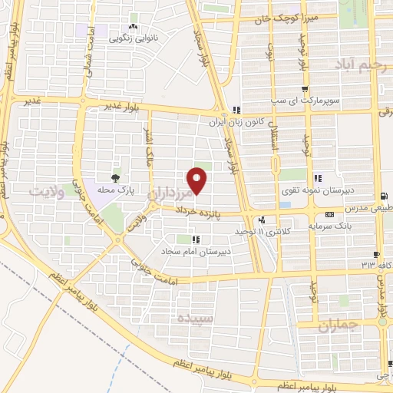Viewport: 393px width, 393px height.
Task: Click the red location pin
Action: tap(197, 180)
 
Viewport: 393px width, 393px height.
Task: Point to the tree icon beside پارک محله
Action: tap(116, 179)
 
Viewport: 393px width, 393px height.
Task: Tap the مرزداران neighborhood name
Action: tap(176, 195)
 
